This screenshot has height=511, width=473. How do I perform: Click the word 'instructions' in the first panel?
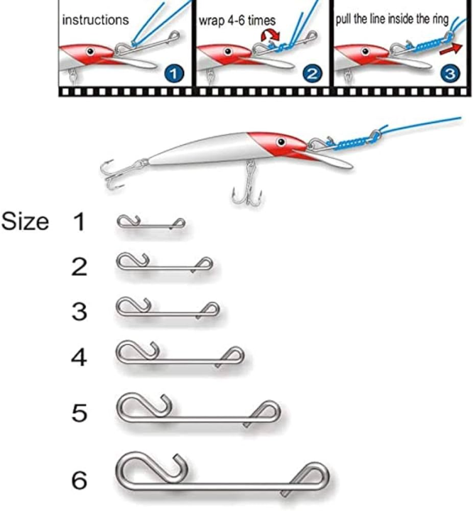[96, 20]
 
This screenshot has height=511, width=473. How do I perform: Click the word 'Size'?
[25, 222]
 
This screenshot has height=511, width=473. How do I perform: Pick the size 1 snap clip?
[151, 224]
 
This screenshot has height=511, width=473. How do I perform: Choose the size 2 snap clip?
[163, 265]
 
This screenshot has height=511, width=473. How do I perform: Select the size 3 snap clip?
[168, 309]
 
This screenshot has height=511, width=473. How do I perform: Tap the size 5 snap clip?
[198, 411]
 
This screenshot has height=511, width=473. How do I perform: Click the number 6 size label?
[79, 481]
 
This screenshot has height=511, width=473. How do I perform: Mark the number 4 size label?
[79, 358]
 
